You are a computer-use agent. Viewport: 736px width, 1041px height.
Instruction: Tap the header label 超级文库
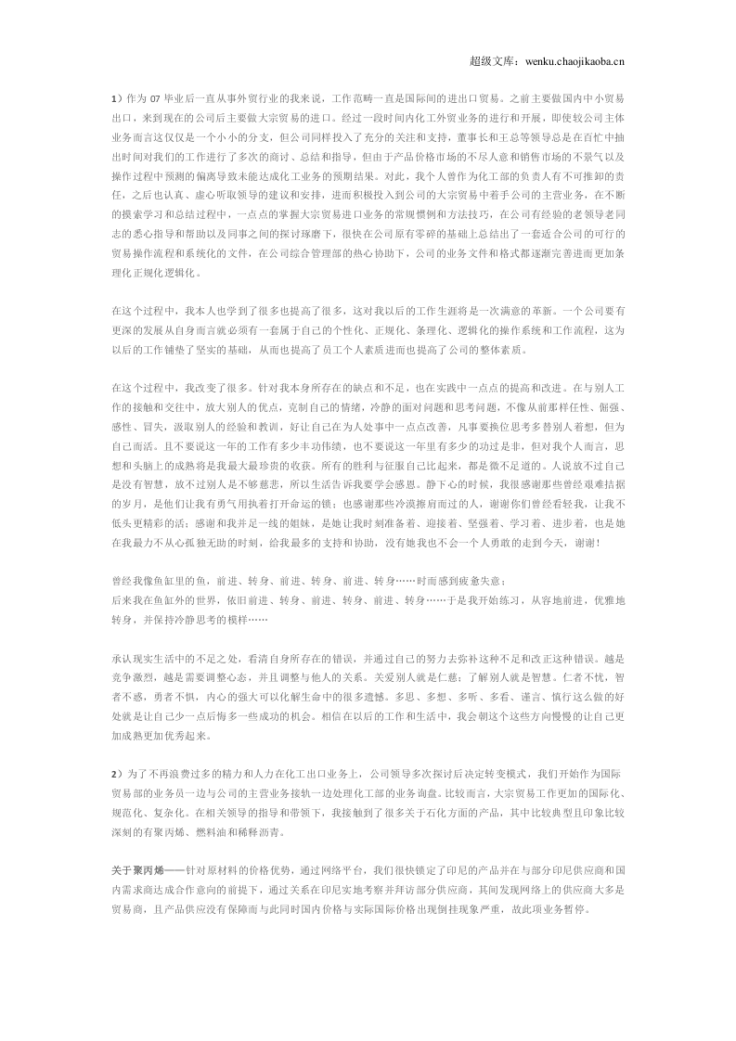pyautogui.click(x=486, y=61)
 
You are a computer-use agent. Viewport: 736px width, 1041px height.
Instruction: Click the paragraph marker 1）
pyautogui.click(x=116, y=96)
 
